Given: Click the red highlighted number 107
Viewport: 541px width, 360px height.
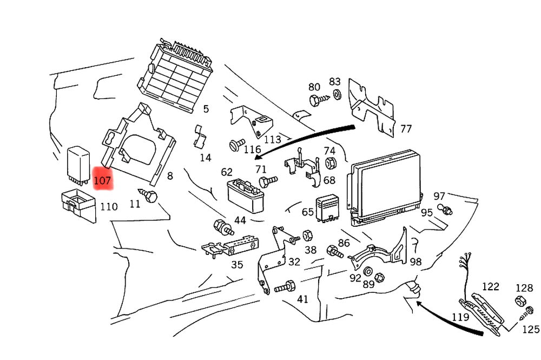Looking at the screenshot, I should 102,180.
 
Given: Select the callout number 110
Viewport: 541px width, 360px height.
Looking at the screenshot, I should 109,206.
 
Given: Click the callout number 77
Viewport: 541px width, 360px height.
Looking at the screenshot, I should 406,129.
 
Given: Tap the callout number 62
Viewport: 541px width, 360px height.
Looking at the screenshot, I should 227,173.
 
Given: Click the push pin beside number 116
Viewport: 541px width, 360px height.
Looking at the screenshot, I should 235,145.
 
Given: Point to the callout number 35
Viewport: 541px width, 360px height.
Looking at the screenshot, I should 237,265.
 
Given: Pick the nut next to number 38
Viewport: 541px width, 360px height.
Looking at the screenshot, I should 306,235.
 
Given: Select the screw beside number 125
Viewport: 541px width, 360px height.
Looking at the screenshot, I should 527,312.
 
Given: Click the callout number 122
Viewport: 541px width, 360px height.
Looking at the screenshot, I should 491,286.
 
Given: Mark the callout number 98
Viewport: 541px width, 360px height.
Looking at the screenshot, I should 415,262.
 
